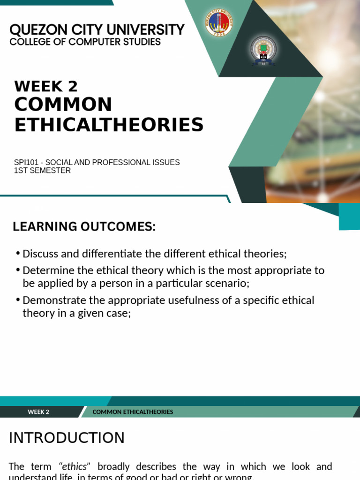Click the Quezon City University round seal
pos(219,23)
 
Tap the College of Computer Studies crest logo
pos(263,50)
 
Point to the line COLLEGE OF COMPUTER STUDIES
pos(85,42)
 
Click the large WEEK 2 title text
pos(46,86)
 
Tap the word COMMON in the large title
pos(63,104)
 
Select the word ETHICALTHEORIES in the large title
pos(109,125)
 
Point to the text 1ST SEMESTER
pos(42,171)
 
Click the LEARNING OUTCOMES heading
pos(84,227)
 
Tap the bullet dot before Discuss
pos(18,254)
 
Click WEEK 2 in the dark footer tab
pos(38,412)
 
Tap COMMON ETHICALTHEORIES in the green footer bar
pos(133,412)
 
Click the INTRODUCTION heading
pos(67,438)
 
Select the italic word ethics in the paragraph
pos(75,466)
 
